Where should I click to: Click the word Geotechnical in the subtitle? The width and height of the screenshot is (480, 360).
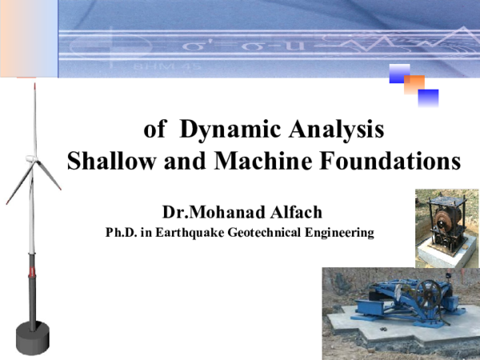pos(270,234)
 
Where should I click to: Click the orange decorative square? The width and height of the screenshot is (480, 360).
pos(414,84)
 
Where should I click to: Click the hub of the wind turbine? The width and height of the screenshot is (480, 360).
pos(32,161)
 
